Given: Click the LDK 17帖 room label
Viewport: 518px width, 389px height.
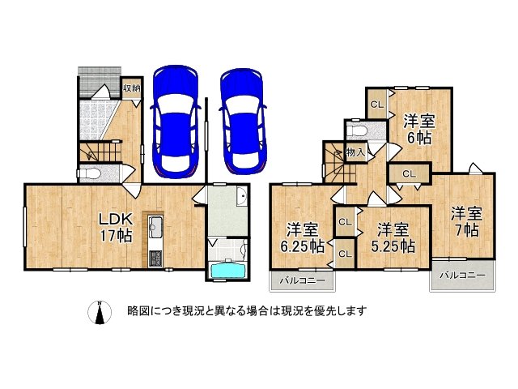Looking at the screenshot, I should pos(116,228).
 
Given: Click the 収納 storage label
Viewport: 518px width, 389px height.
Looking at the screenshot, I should pos(132,88).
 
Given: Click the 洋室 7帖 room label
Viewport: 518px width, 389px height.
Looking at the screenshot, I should pos(467,220).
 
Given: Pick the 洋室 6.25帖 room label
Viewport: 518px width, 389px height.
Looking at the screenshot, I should pos(299,236).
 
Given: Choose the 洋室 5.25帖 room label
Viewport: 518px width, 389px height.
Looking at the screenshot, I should pos(397,236).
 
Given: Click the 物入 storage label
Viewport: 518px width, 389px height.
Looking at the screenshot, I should pos(355,152).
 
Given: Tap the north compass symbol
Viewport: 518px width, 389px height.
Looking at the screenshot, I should pos(100,313).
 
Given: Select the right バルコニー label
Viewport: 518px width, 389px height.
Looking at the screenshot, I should pos(463,276).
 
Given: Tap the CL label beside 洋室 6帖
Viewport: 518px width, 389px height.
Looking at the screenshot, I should pos(376,105).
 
